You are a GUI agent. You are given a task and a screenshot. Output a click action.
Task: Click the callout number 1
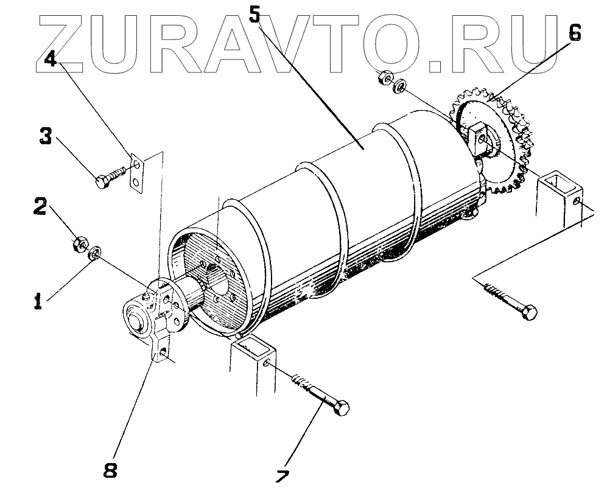pyautogui.click(x=38, y=301)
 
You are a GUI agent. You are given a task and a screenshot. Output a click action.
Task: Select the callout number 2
pyautogui.click(x=40, y=207)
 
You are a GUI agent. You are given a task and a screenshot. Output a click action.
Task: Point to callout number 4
pyautogui.click(x=51, y=59)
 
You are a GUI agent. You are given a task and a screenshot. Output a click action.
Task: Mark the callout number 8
pyautogui.click(x=110, y=470)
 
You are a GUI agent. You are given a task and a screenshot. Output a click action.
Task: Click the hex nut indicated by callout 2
pyautogui.click(x=79, y=244)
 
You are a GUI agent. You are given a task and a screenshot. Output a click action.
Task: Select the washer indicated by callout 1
pyautogui.click(x=96, y=253)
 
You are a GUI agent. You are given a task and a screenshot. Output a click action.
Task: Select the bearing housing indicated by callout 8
pyautogui.click(x=152, y=316)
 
